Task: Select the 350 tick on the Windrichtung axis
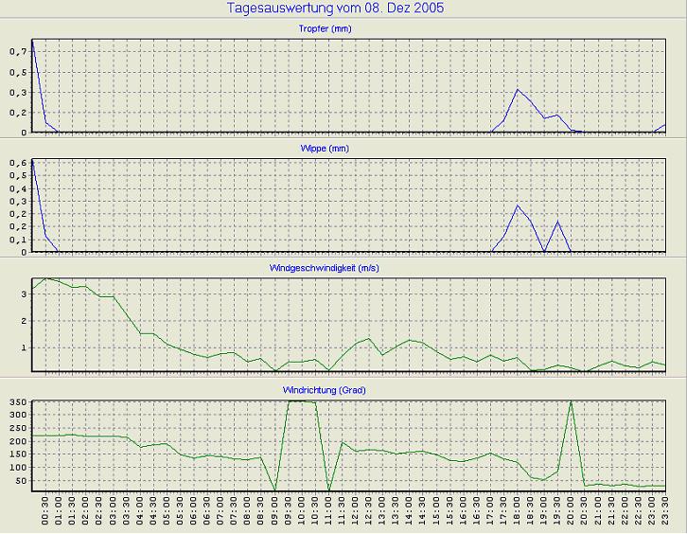tap(18, 403)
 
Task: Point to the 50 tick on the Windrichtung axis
tap(21, 481)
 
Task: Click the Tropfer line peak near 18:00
tap(517, 90)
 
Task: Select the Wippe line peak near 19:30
tap(557, 222)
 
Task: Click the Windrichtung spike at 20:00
tap(571, 401)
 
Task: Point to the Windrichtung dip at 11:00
tap(328, 489)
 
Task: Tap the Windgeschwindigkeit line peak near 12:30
tap(369, 338)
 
